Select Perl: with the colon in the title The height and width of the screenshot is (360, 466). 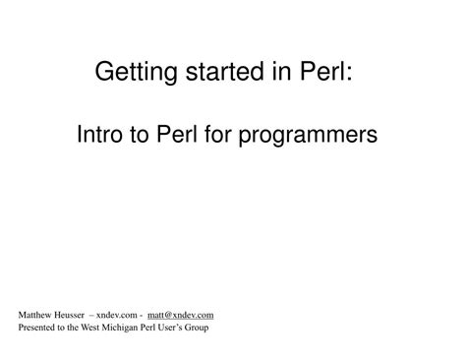point(314,72)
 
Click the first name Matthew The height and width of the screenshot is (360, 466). point(36,316)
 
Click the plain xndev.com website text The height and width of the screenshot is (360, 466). point(119,316)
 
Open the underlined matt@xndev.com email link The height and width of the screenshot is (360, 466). point(181,316)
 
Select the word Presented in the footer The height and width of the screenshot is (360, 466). point(36,328)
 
